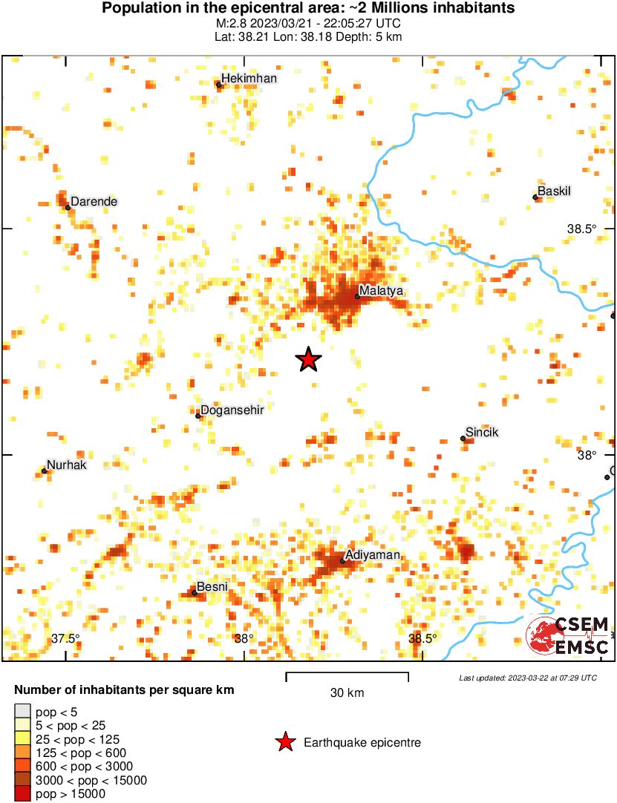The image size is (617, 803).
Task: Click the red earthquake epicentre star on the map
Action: (x=308, y=360)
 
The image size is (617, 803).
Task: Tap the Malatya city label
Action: (x=381, y=291)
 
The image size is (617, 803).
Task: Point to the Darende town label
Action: (x=94, y=201)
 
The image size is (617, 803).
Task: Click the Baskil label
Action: (x=555, y=191)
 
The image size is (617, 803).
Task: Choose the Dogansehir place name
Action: (x=232, y=410)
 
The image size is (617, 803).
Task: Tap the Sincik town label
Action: (x=482, y=433)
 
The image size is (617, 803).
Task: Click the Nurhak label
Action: (x=67, y=465)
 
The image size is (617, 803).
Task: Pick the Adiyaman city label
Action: (x=373, y=555)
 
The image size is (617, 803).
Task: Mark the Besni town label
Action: (x=212, y=587)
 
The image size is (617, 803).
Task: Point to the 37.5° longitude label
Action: (x=65, y=639)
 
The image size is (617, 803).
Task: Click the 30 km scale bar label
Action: (x=347, y=693)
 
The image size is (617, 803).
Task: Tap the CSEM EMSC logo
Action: (x=568, y=636)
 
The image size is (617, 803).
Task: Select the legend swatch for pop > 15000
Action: (x=22, y=794)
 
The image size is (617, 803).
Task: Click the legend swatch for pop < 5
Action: (x=22, y=712)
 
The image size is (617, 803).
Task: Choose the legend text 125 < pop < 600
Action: (x=77, y=753)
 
